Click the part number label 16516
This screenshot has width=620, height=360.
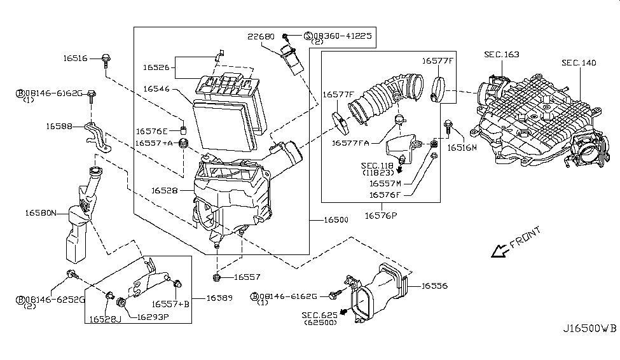(75, 59)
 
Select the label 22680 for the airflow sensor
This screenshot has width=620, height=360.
(261, 36)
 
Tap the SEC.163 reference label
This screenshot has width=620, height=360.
(501, 55)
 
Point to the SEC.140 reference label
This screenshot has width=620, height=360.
(579, 63)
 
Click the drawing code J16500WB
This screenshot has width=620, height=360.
(589, 329)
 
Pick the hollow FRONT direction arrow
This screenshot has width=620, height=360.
(500, 251)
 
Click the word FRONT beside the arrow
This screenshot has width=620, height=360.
(525, 237)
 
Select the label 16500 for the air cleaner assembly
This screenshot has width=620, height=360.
(336, 220)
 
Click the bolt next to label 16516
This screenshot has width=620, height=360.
(106, 60)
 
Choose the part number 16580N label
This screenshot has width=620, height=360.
(41, 213)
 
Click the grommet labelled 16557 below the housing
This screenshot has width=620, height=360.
(216, 277)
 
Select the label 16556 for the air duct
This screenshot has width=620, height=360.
(434, 286)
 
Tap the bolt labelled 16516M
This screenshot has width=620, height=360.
(448, 127)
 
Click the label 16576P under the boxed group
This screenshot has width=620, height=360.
(381, 216)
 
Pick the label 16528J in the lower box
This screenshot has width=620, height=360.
(105, 319)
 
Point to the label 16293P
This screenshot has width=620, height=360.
(153, 317)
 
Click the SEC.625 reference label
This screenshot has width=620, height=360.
(319, 315)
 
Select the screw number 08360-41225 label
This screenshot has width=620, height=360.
(342, 36)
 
